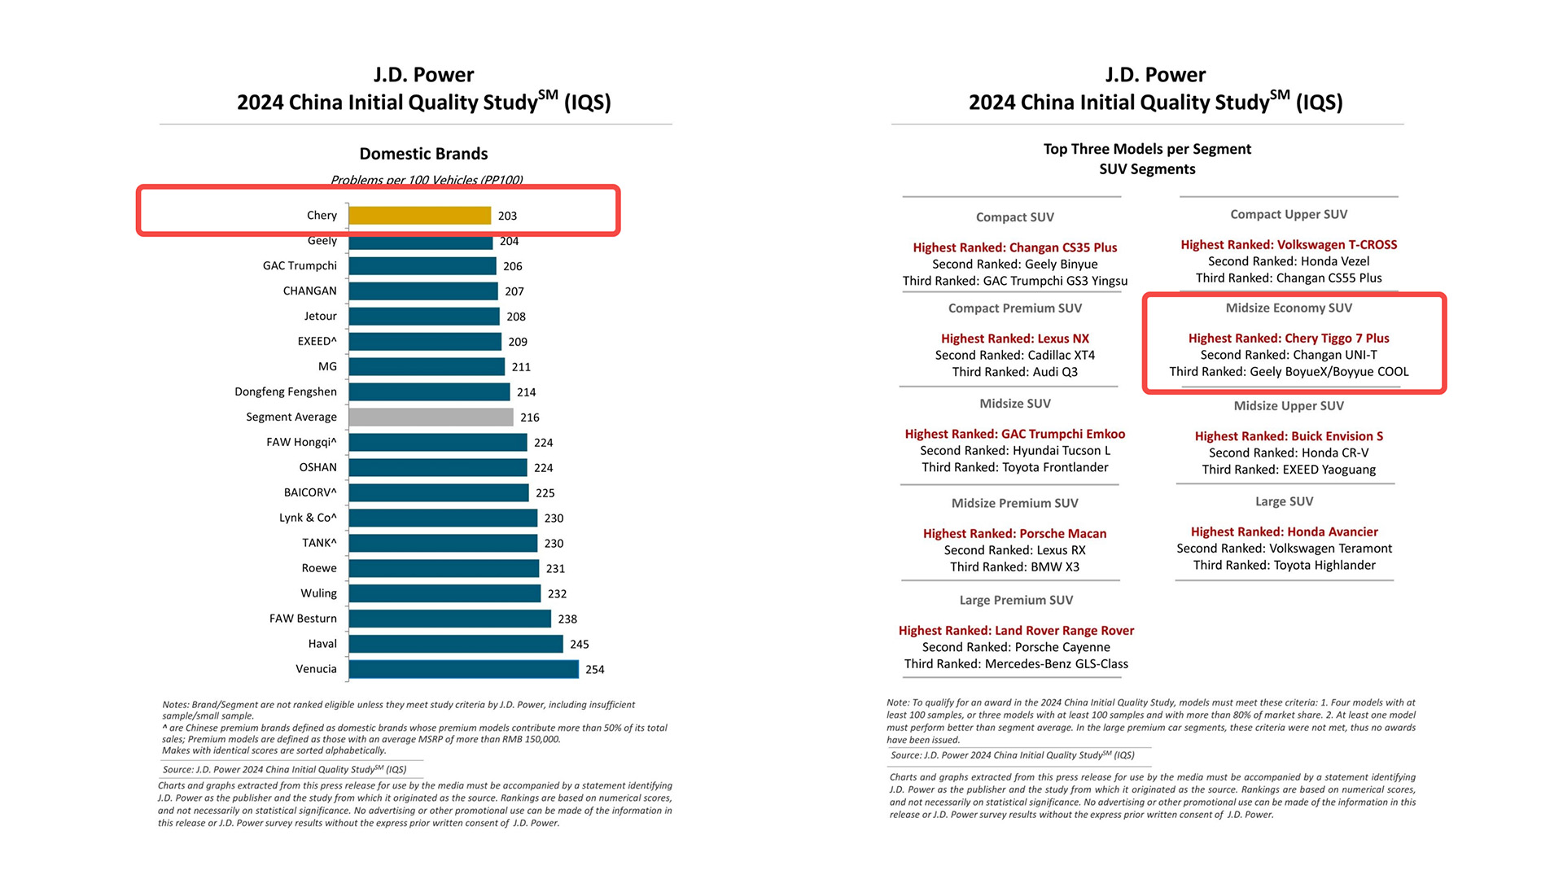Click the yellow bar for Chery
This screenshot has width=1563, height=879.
(419, 216)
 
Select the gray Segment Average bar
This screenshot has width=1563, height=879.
(431, 418)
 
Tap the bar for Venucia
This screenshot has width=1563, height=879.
(463, 669)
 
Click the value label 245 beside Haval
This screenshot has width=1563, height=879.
(579, 645)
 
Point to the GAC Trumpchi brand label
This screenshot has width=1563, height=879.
(300, 266)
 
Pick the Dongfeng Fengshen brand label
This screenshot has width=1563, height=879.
(286, 392)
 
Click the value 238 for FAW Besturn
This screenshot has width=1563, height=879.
(567, 619)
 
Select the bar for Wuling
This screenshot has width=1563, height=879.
(444, 594)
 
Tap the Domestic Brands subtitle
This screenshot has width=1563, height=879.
(423, 154)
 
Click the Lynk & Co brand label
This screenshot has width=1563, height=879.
(308, 518)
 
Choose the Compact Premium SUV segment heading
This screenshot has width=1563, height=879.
(1014, 308)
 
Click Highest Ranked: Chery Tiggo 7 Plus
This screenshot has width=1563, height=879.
(1289, 339)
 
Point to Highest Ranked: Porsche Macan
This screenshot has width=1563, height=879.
(1014, 534)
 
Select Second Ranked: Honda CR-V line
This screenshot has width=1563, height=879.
(1289, 453)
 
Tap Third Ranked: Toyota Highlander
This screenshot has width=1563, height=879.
(1284, 566)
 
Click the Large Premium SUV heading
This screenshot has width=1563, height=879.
(1016, 601)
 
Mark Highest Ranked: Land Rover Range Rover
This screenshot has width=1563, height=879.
(1016, 631)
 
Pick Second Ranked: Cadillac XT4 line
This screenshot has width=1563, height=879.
(1014, 356)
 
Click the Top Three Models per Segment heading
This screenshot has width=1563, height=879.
(1147, 149)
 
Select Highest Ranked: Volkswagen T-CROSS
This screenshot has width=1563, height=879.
(1289, 245)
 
